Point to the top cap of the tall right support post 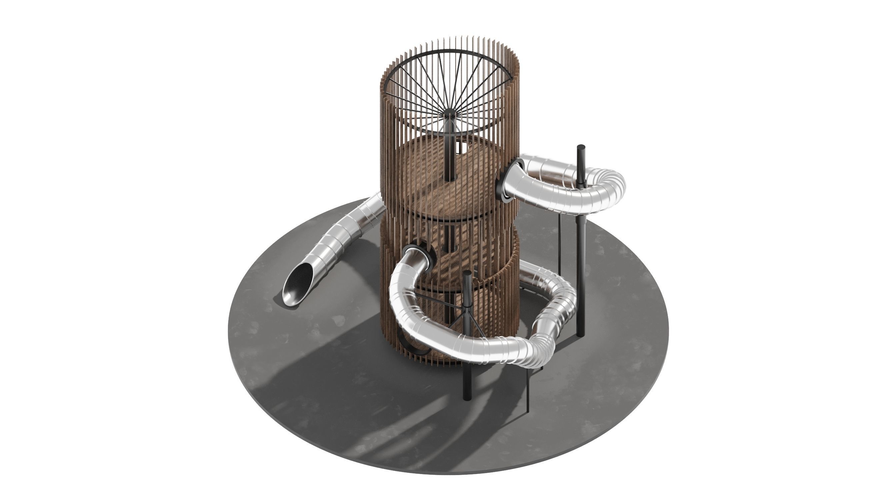pos(581,147)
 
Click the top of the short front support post pos(467,273)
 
